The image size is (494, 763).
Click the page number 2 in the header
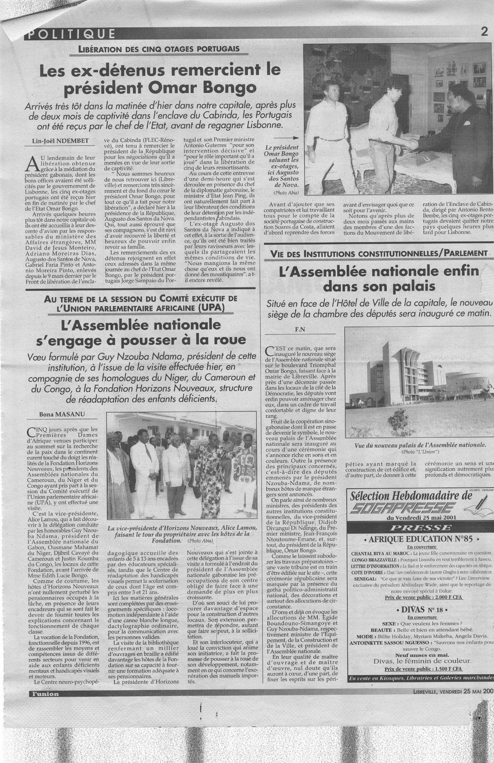(484, 32)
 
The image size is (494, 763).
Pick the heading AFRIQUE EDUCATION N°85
(420, 539)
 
